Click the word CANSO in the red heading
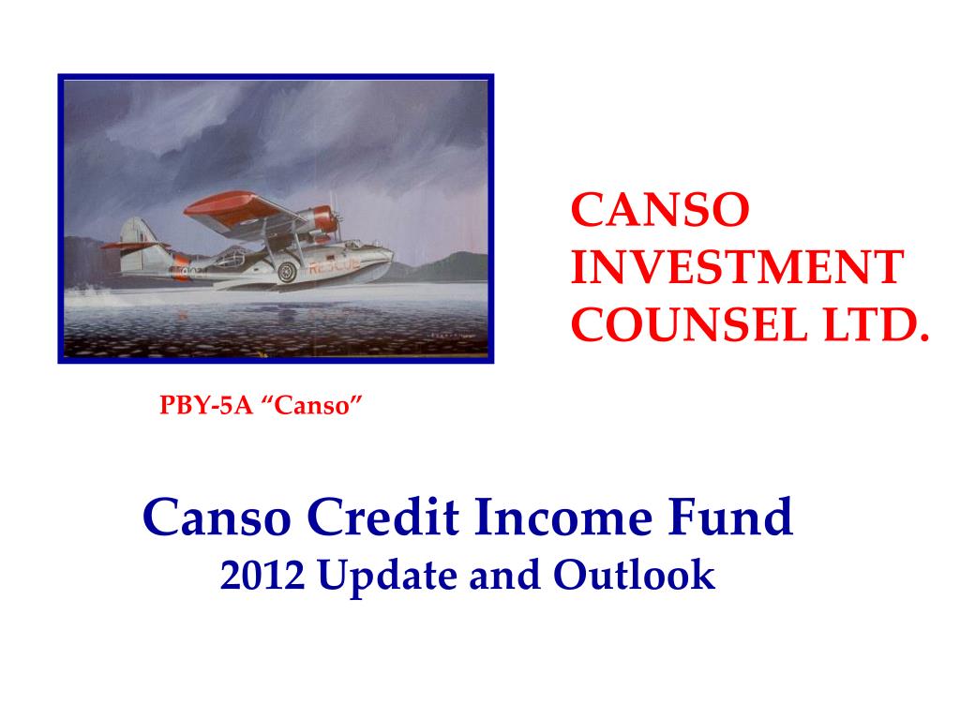[661, 211]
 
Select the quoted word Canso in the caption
[316, 407]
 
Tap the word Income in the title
[564, 517]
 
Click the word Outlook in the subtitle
[634, 576]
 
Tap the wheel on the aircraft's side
[287, 273]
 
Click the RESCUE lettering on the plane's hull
[327, 266]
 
